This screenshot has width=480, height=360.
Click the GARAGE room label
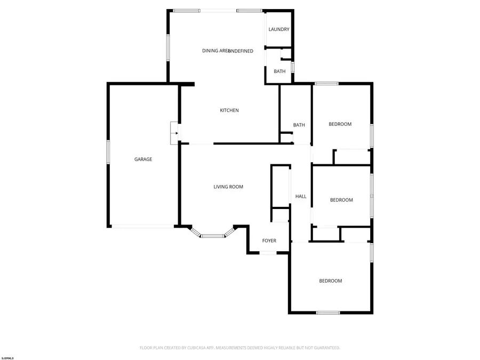click(143, 159)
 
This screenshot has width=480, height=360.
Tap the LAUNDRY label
click(279, 29)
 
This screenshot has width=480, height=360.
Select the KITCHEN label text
click(229, 110)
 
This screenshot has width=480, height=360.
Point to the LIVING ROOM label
click(228, 187)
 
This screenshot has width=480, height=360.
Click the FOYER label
click(269, 241)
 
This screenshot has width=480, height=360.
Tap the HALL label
click(301, 196)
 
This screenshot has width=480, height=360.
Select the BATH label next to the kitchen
click(299, 125)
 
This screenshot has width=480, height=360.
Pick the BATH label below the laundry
click(279, 71)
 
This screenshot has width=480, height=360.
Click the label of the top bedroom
click(340, 124)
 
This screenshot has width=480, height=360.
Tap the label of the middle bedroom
click(341, 200)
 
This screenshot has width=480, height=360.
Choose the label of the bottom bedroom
click(331, 281)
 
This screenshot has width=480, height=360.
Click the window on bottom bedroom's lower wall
click(327, 313)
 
